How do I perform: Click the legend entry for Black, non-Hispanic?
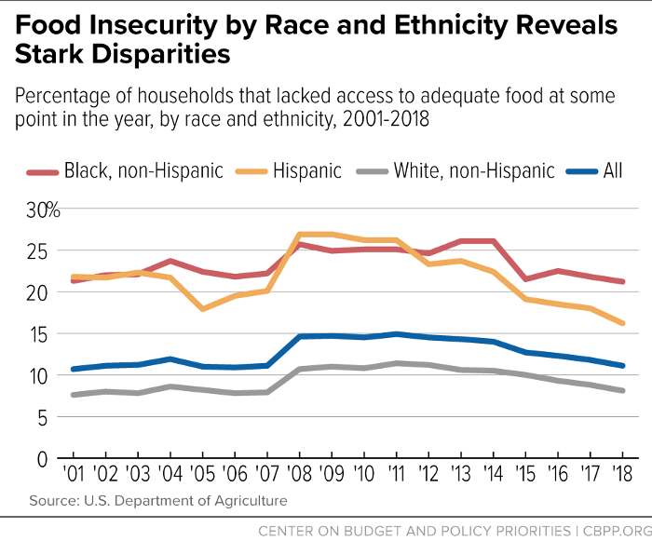coord(140,170)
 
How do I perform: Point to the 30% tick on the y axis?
coord(42,210)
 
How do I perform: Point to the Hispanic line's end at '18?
coord(621,323)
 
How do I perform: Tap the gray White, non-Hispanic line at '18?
coord(621,390)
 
